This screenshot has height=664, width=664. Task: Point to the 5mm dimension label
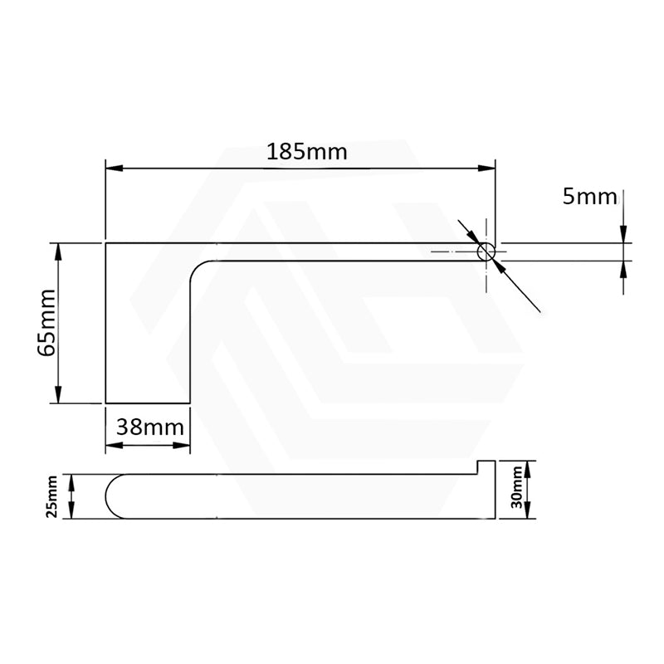coord(589,197)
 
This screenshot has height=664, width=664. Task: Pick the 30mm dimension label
coord(518,487)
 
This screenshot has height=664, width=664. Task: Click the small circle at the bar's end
coord(486,252)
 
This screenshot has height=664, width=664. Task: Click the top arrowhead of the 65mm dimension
coord(58,250)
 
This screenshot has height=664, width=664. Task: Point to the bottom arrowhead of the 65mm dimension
coord(58,397)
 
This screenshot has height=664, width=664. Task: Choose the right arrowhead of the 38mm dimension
coord(183,446)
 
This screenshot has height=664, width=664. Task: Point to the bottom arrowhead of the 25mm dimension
coord(72,512)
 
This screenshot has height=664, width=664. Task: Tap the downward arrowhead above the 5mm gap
coord(622,237)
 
